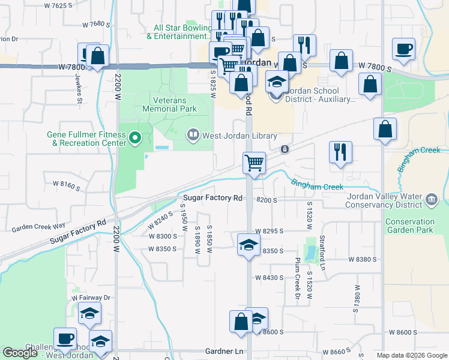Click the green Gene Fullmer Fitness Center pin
(x=134, y=139)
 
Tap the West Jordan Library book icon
(x=193, y=134)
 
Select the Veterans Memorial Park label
(x=170, y=105)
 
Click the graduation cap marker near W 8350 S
(x=249, y=245)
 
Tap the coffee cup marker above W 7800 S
(x=403, y=49)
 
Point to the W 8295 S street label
(x=268, y=231)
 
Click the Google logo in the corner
(x=20, y=353)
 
